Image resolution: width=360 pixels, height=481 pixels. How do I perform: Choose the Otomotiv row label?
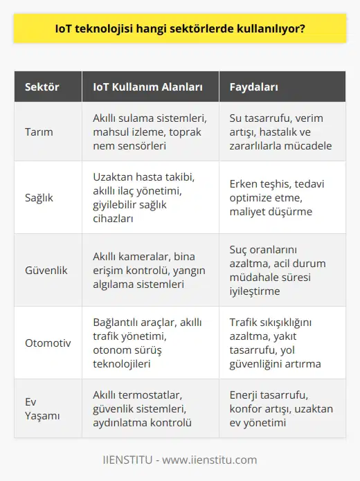point(46,341)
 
